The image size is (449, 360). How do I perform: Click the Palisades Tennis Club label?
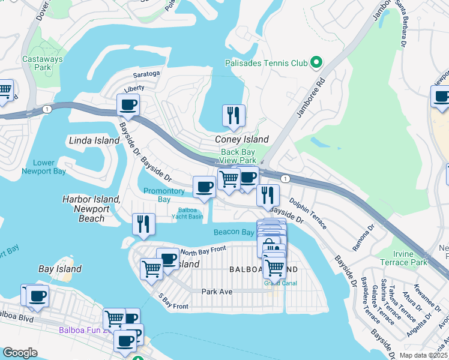(266, 62)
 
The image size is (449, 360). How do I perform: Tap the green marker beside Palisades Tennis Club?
(315, 62)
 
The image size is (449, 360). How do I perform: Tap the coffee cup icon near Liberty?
(128, 106)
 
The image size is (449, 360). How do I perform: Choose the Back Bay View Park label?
(238, 157)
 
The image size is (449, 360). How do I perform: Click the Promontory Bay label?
(164, 195)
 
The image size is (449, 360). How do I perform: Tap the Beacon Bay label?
(234, 232)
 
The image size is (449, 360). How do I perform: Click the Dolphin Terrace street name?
(309, 214)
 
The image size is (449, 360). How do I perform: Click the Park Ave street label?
(217, 291)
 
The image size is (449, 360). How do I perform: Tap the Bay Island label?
(60, 269)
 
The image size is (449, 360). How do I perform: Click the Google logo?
(20, 353)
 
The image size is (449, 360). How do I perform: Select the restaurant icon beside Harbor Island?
(143, 224)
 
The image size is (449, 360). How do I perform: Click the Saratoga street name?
(146, 74)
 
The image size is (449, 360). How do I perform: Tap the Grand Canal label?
(276, 283)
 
